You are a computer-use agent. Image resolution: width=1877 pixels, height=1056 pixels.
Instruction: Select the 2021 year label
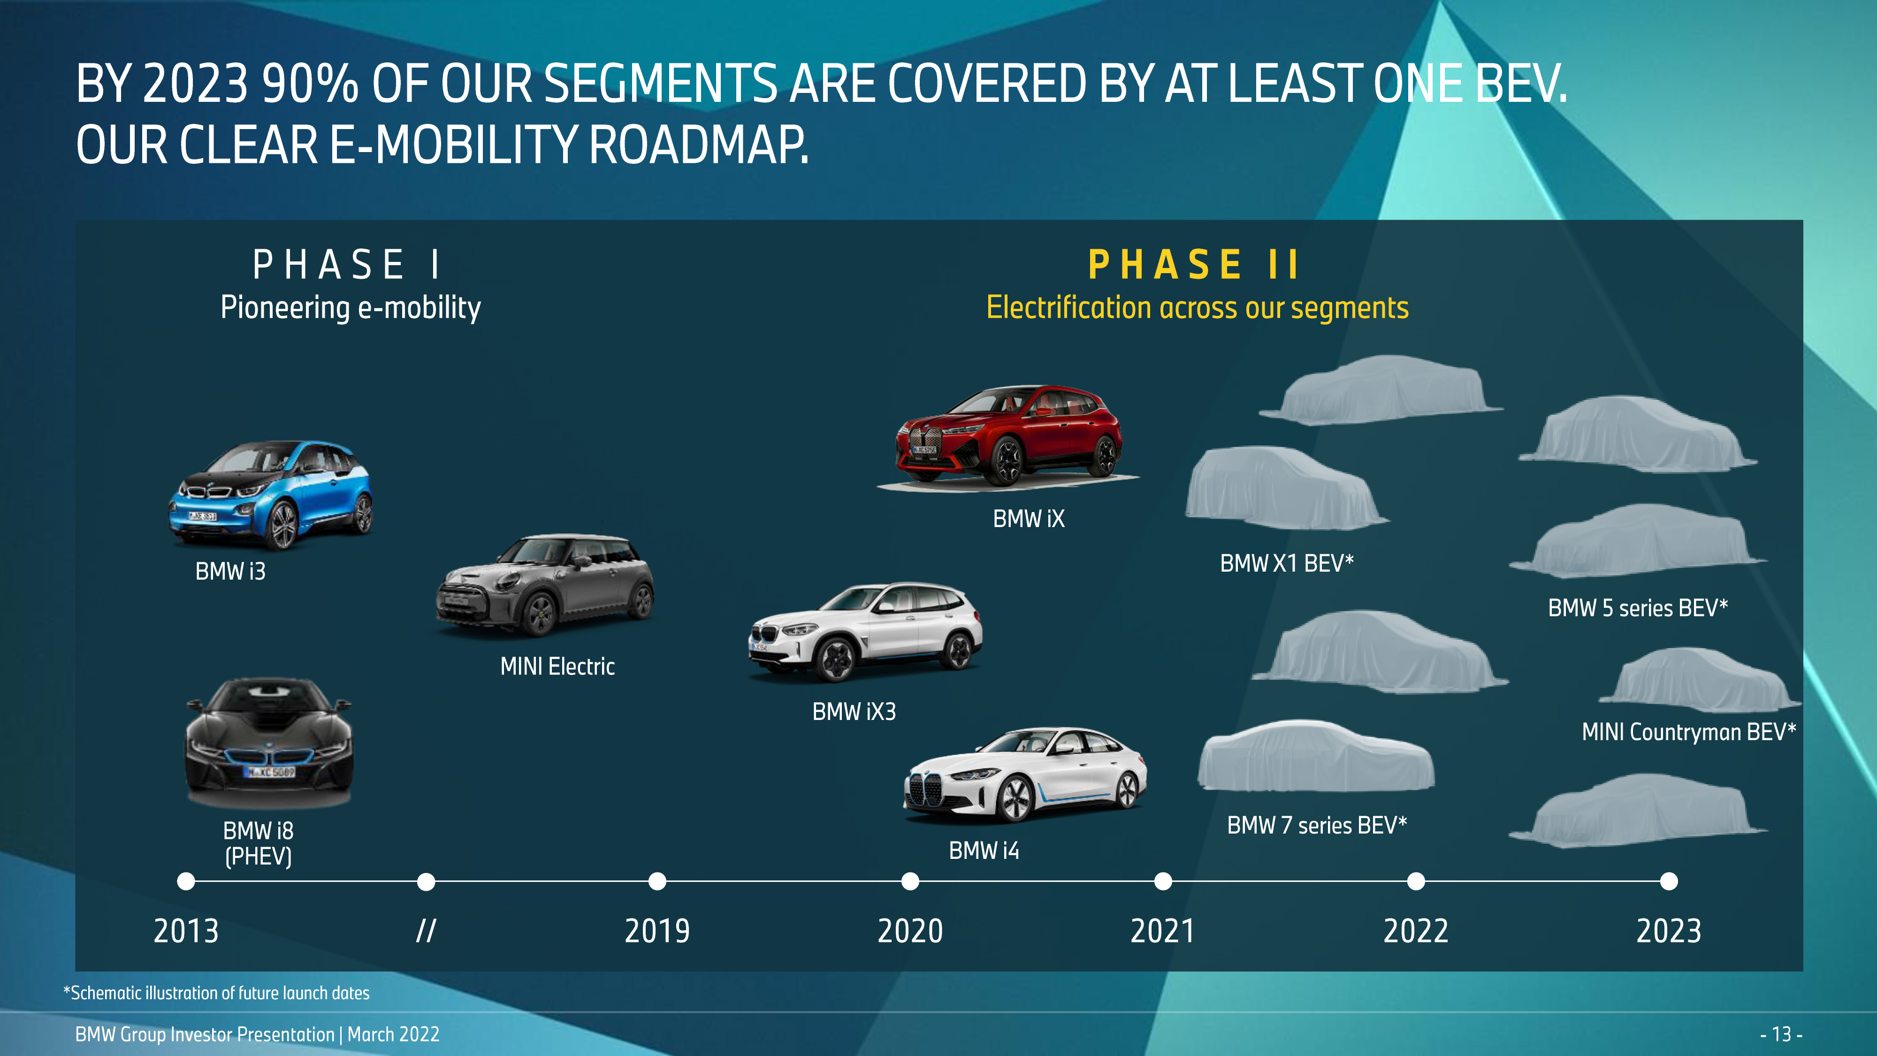click(1163, 931)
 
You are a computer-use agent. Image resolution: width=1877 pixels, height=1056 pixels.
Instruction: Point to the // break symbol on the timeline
click(426, 931)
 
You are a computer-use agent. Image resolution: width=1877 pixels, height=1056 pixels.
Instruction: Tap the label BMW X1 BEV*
click(1287, 563)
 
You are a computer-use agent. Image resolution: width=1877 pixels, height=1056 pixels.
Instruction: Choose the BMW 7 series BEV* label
click(1317, 825)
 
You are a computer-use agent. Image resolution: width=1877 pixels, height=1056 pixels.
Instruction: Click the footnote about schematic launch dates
click(216, 993)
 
